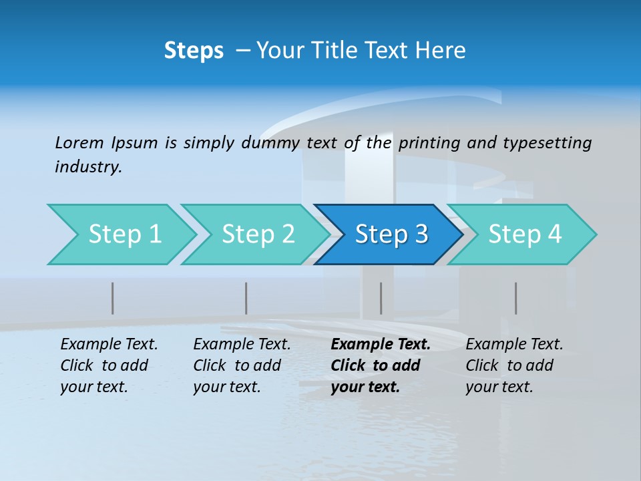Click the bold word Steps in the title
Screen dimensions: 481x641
[194, 51]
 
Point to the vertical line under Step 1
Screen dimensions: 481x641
[113, 298]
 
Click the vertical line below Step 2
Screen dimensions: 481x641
[246, 298]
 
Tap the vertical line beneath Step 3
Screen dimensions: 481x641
[381, 298]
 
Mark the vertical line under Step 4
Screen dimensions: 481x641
[516, 298]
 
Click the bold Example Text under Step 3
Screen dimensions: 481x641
[381, 345]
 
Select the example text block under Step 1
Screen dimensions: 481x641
[108, 365]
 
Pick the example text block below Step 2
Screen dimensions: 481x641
[241, 365]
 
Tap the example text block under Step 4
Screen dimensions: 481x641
[513, 365]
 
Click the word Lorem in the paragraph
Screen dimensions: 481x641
[79, 143]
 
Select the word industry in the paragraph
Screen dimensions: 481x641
[87, 167]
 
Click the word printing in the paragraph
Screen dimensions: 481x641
[429, 143]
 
